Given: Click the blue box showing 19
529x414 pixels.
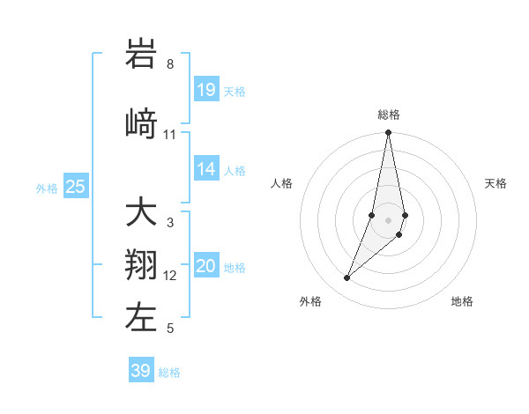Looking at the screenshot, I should point(206,90).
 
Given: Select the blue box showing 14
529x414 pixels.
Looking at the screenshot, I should point(206,169).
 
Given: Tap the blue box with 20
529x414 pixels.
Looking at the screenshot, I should point(206,266).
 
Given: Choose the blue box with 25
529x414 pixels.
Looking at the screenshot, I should point(75,187).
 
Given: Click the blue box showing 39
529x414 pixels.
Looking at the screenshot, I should point(140,371).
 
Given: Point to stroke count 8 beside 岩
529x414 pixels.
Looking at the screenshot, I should point(170,64).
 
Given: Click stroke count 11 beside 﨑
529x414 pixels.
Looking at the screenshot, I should point(170,135).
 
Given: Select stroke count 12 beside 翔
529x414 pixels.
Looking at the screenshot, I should point(170,276).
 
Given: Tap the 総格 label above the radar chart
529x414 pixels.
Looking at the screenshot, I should point(388,115).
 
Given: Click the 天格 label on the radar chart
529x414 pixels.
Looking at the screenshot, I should point(495,183).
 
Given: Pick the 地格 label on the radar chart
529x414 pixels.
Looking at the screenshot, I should point(462,302).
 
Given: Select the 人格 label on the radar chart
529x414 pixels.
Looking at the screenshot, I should point(281,183).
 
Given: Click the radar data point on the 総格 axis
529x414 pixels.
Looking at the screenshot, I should point(388,133).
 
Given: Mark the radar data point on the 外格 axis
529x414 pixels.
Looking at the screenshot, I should point(346,278).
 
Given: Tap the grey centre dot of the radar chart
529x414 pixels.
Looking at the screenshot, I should point(388,219).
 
